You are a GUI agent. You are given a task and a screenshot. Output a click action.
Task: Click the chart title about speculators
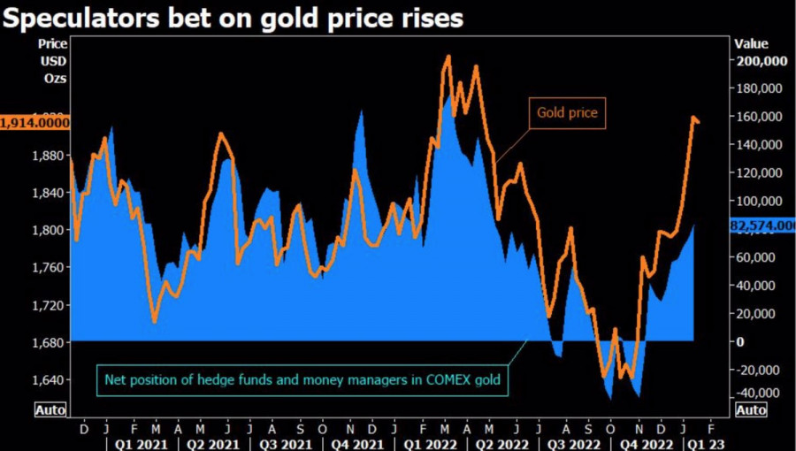[233, 18]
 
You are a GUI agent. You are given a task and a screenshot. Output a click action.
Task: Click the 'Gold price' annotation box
[567, 113]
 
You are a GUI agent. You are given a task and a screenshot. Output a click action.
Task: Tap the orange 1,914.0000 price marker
[34, 122]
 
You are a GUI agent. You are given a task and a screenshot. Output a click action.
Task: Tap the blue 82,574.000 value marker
[761, 226]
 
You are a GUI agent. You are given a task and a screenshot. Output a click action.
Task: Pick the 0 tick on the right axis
[740, 342]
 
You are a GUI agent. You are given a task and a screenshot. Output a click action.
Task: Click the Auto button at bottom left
[50, 410]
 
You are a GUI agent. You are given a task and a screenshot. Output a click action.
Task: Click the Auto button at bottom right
[750, 410]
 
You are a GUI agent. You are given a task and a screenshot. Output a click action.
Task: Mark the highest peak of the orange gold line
[448, 57]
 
